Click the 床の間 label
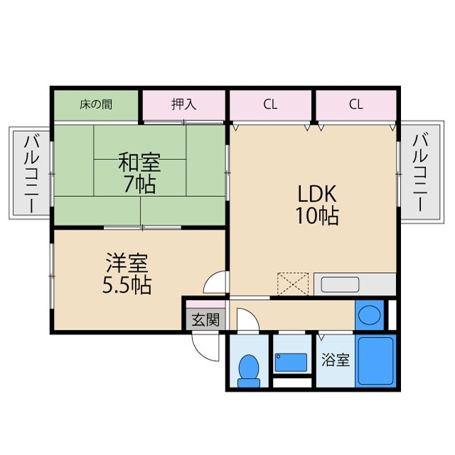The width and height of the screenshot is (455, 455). coord(95,105)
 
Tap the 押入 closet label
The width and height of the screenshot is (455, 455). coord(183,105)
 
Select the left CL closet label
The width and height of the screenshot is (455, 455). coord(269,105)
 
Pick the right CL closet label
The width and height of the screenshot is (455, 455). coord(356,105)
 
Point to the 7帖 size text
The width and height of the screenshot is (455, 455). coord(139,185)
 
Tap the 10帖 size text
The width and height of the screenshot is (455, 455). coord(316,215)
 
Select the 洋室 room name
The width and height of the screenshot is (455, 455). coord(127,264)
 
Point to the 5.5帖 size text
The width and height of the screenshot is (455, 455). coord(127,286)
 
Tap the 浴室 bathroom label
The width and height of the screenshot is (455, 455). coord(335,360)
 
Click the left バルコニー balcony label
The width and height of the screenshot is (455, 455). coord(31,173)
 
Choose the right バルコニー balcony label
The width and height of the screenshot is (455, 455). coord(419,173)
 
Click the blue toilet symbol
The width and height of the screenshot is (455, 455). coord(248,369)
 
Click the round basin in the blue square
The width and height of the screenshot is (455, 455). coord(369,315)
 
